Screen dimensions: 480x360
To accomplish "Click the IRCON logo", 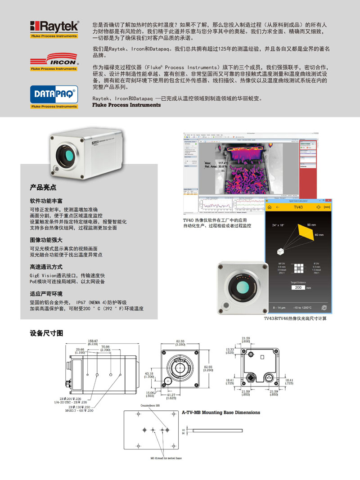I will tap(54, 61).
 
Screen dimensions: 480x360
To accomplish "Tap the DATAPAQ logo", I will tap(54, 94).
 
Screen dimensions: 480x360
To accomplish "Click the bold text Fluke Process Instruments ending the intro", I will tap(126, 105).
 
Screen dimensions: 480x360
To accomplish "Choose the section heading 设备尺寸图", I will tap(46, 333).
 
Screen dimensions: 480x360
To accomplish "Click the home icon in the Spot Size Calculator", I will tap(270, 207).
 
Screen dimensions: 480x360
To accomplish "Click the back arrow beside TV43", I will tap(279, 207).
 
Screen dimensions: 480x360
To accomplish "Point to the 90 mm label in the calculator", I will tap(311, 224).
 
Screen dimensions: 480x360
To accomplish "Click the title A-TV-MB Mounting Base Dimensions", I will tap(220, 412).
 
